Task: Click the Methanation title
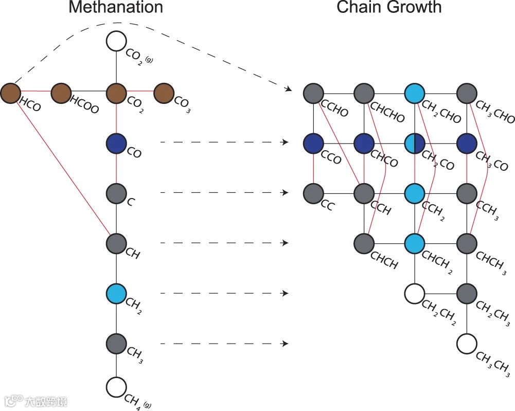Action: [116, 8]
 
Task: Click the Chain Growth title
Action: [389, 8]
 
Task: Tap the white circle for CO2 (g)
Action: [117, 42]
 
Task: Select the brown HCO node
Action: [10, 93]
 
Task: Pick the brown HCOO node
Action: [61, 93]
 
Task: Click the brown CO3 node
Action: [164, 93]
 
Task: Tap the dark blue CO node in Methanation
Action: [117, 143]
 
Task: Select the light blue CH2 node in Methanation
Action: [117, 293]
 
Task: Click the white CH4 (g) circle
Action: [117, 387]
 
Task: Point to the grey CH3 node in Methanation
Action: [117, 343]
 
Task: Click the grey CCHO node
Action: [313, 94]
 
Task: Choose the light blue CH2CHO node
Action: [415, 94]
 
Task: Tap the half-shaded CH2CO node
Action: [415, 143]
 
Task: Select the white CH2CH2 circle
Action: [415, 293]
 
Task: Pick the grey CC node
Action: [313, 193]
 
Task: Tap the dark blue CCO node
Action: [313, 143]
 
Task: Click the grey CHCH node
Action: [364, 243]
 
